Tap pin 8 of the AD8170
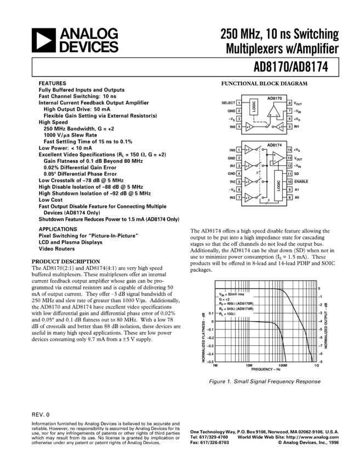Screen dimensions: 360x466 pos(289,103)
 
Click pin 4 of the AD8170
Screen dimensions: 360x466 pos(239,127)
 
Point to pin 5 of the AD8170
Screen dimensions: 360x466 pos(289,127)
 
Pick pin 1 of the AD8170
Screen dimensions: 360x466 pos(239,103)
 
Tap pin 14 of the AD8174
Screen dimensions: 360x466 pos(289,150)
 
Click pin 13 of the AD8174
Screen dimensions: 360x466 pos(289,157)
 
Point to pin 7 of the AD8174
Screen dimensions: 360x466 pos(239,197)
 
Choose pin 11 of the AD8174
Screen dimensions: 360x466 pos(289,173)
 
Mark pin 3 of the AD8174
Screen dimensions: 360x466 pos(239,166)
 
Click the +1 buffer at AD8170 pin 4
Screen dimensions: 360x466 pos(249,127)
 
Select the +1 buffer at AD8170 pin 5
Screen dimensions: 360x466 pos(279,127)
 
